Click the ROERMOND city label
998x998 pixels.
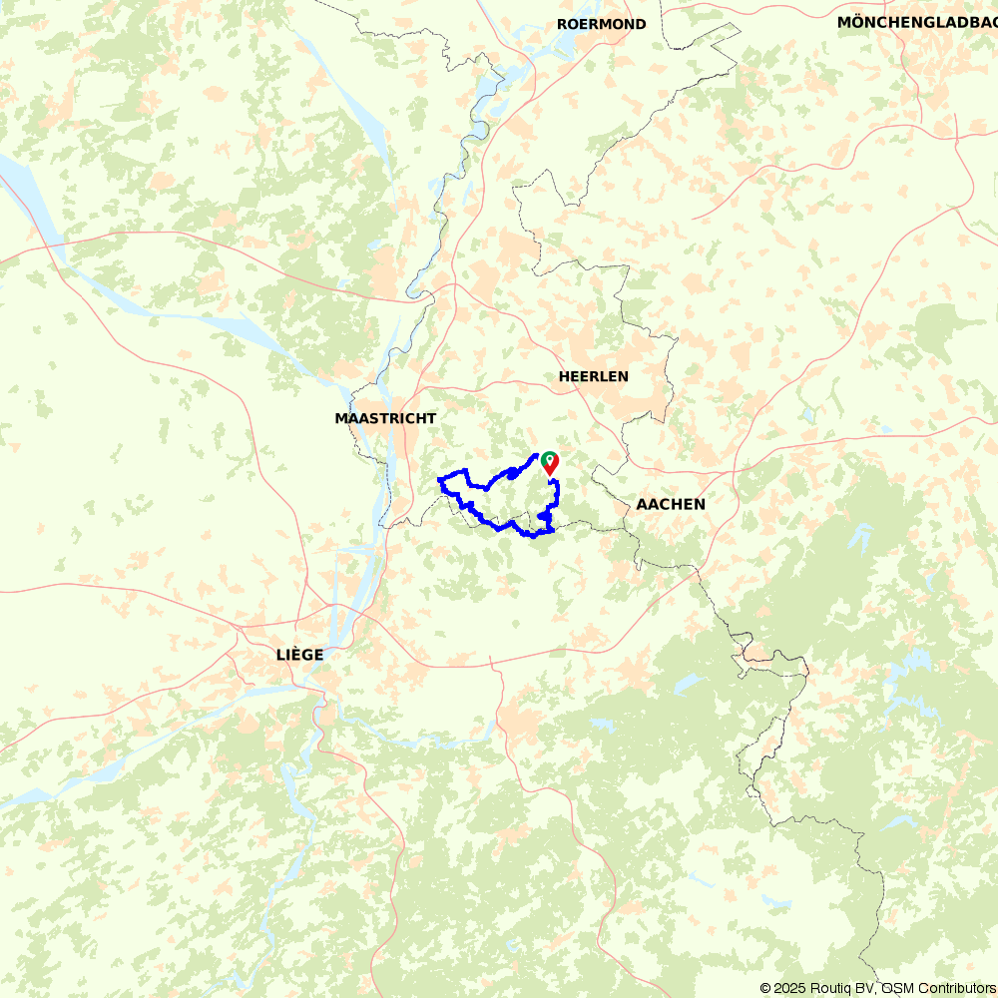[601, 24]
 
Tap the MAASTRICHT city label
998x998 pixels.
[385, 418]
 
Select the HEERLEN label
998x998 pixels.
[593, 376]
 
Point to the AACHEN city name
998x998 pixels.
[671, 504]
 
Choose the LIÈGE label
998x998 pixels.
[300, 655]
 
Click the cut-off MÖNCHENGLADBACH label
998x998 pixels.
[916, 22]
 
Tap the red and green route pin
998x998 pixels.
[549, 462]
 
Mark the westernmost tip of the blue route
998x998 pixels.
[440, 482]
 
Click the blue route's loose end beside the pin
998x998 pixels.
[537, 457]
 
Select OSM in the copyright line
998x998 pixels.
[893, 988]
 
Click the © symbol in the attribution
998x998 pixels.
[765, 988]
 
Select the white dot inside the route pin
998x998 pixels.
[549, 459]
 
